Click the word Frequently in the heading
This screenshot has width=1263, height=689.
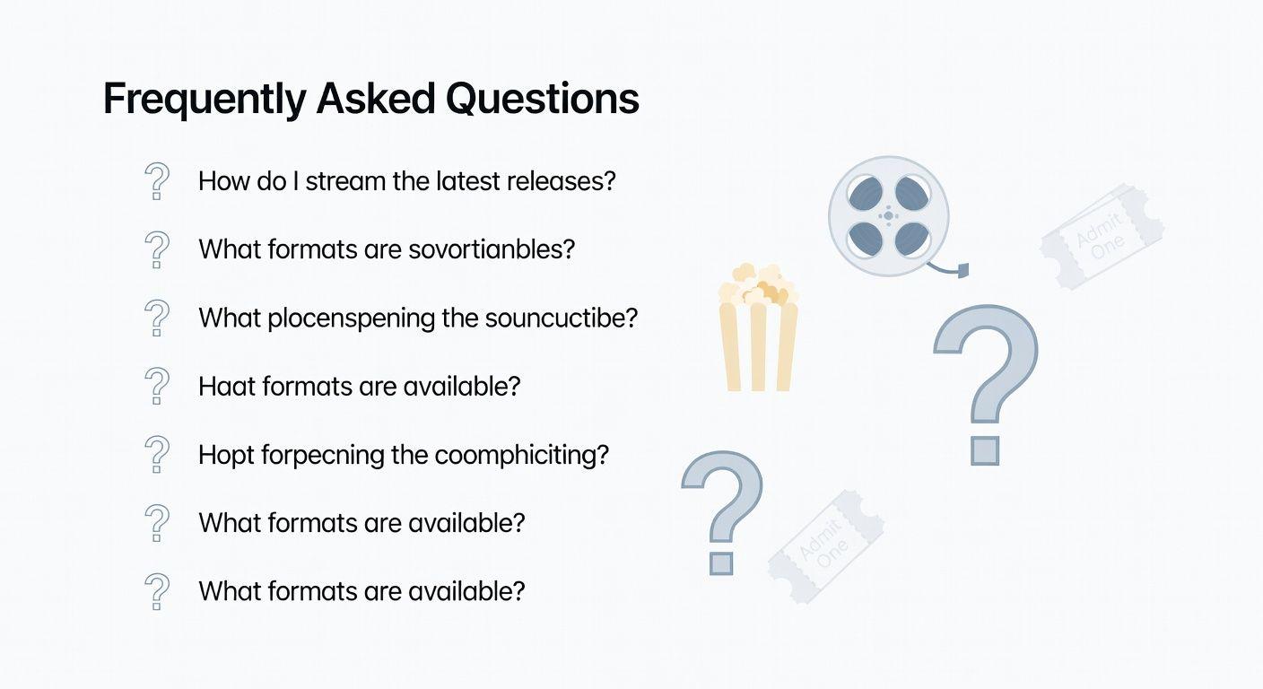coord(205,99)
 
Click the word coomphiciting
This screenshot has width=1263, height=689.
coord(521,455)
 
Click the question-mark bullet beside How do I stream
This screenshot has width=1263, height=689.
coord(156,181)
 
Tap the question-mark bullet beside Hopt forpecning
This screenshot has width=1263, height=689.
coord(156,455)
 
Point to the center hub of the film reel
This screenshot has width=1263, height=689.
coord(888,215)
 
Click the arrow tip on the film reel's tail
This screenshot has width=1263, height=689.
coord(963,270)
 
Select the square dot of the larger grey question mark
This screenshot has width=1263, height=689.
coord(985,450)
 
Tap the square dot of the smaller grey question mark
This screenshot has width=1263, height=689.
coord(720,562)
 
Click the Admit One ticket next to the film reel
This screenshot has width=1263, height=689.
coord(1102,236)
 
